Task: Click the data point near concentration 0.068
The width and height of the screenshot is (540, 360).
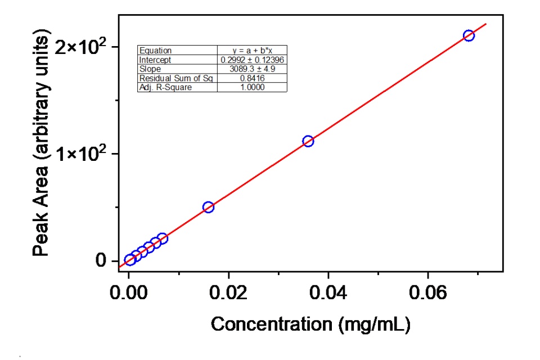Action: click(469, 35)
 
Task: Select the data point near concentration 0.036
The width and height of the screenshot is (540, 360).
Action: click(308, 141)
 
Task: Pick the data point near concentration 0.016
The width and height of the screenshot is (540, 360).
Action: click(208, 207)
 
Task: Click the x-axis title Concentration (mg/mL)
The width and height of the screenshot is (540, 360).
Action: click(310, 325)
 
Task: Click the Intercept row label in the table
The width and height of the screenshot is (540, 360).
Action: click(155, 60)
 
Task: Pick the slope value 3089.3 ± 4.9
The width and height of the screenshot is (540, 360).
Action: click(252, 69)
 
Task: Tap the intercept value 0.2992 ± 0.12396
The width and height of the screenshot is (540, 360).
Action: click(252, 60)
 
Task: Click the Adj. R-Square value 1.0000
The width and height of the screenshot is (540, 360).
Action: click(252, 87)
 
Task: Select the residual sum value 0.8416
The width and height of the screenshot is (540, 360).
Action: click(252, 78)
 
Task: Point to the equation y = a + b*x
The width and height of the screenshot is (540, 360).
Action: click(252, 51)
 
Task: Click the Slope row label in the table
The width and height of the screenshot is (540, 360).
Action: click(150, 69)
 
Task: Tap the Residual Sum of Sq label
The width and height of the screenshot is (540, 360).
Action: click(176, 78)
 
